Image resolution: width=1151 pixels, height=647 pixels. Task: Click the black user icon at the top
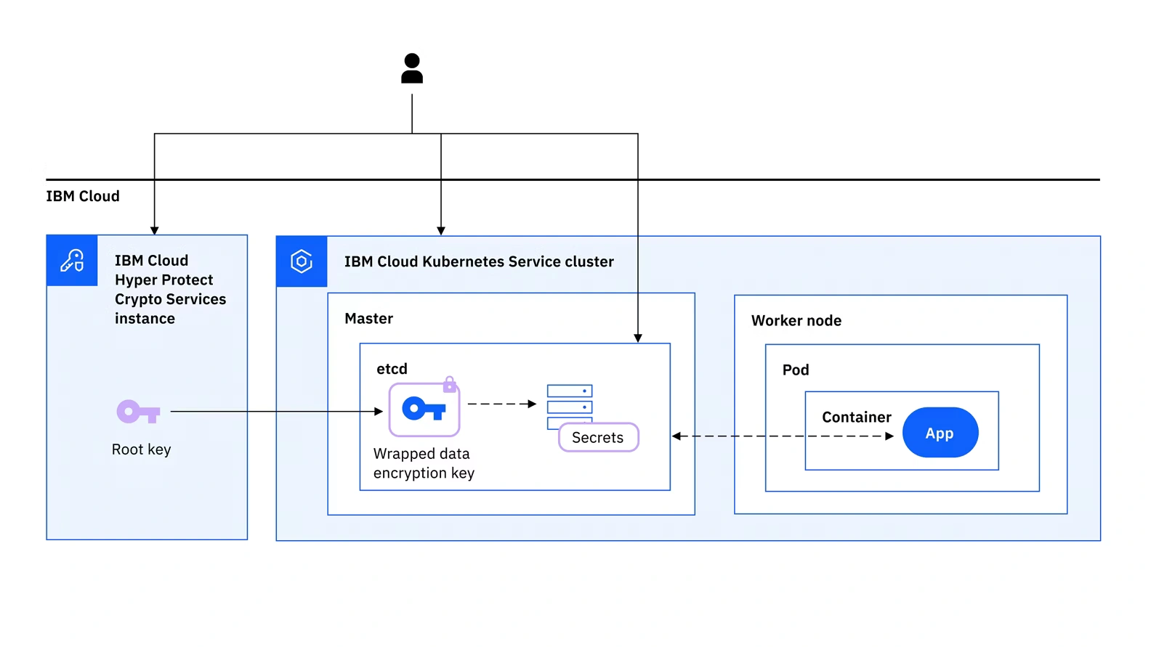click(x=412, y=68)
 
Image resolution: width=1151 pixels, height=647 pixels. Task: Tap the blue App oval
click(x=940, y=433)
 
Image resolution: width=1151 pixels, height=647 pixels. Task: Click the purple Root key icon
click(x=138, y=412)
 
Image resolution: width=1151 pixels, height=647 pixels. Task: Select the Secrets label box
click(x=598, y=437)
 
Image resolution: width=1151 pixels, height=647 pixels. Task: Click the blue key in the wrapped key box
click(x=424, y=409)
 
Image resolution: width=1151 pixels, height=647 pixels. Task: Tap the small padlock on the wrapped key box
click(x=450, y=384)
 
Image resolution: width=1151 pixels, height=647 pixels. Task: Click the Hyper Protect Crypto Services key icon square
click(x=72, y=260)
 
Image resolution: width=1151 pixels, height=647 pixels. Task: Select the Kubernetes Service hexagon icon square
click(x=302, y=261)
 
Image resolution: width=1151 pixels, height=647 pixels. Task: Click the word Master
click(x=368, y=319)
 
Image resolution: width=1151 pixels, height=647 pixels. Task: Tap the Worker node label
click(x=796, y=320)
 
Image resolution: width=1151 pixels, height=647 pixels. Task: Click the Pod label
click(x=795, y=370)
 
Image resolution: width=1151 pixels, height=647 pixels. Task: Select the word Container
click(x=856, y=417)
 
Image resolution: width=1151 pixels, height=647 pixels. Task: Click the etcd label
click(x=392, y=369)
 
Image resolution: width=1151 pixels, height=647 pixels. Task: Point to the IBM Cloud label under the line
click(x=83, y=196)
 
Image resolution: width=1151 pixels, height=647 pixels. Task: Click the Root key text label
click(x=141, y=449)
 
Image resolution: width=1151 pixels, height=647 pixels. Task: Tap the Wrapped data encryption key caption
click(x=424, y=463)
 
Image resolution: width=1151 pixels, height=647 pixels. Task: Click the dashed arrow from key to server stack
click(x=501, y=404)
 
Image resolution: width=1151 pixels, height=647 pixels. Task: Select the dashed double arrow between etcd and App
click(x=782, y=436)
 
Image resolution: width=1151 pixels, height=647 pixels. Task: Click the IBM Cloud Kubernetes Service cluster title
click(x=479, y=261)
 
